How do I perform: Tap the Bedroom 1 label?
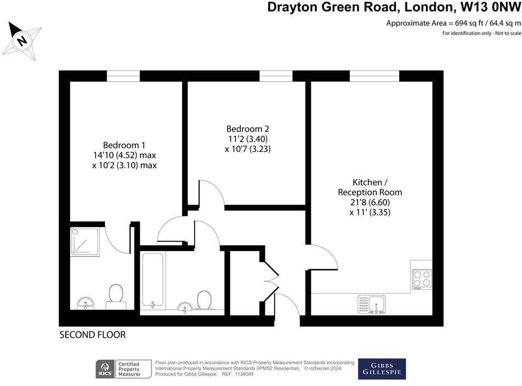coord(124,145)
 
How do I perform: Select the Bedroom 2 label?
coord(248,129)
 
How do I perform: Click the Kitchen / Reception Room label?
coord(370,187)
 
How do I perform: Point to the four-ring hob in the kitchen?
coord(421,279)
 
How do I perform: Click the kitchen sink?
coord(372,303)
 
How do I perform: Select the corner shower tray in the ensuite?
coord(85,242)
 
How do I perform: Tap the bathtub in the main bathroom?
coord(152,280)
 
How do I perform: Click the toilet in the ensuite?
coord(116,295)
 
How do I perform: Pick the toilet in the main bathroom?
coord(204,300)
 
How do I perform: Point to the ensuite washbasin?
coord(86,302)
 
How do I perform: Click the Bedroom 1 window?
coord(123,76)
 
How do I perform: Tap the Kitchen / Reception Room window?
coord(375,76)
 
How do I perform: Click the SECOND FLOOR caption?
coord(93,334)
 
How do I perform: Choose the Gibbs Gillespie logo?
coord(382,369)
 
